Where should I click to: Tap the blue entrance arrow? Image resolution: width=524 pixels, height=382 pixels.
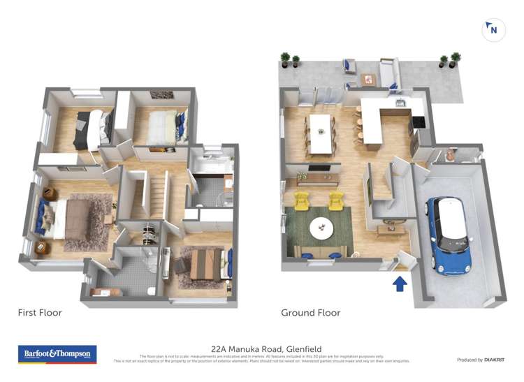click(x=400, y=283)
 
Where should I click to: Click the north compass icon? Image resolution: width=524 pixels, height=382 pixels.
click(x=493, y=30)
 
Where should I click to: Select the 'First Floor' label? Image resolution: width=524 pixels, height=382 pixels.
click(x=40, y=313)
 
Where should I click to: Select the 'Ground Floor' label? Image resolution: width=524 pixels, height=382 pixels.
click(x=310, y=313)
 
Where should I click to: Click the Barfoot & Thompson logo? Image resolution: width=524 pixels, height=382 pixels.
click(x=57, y=354)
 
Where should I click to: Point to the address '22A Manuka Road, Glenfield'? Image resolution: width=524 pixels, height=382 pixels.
click(x=266, y=349)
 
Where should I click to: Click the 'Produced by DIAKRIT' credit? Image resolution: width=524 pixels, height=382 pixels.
click(x=480, y=360)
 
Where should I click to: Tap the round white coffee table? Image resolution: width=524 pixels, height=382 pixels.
click(x=321, y=227)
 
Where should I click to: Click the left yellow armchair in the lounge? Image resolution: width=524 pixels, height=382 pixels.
click(x=303, y=201)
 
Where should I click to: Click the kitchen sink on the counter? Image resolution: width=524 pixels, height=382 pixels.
click(x=400, y=104)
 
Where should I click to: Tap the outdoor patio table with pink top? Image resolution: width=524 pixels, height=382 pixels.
click(x=369, y=79)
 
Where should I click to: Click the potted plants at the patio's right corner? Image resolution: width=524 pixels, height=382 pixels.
click(x=449, y=60)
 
